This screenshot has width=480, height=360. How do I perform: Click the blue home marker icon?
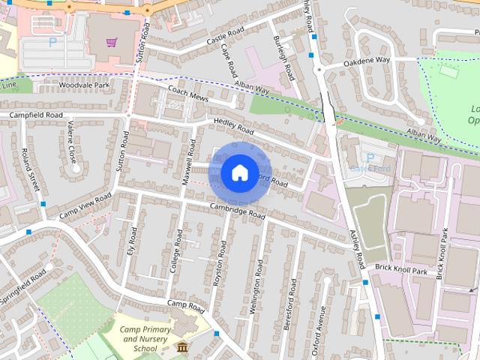238,173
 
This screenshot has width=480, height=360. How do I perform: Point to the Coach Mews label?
188,98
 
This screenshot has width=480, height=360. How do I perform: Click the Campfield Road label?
35,115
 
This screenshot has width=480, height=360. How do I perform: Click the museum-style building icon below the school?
182,346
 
